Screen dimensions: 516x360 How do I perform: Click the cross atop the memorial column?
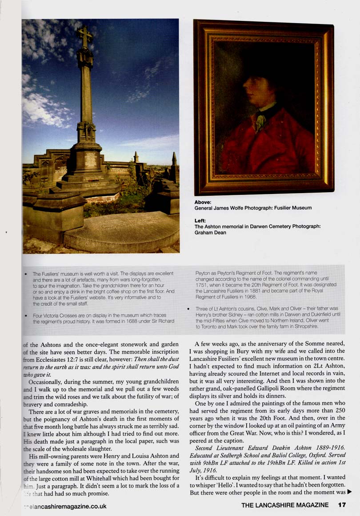tap(85, 36)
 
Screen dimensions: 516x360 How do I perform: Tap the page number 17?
tap(341, 505)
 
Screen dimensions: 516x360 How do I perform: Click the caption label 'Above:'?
tap(203, 202)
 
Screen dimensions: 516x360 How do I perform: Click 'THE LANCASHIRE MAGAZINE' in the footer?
tap(285, 505)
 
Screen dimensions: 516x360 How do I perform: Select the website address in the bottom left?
tap(65, 506)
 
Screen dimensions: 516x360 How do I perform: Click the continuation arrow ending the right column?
tap(349, 492)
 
